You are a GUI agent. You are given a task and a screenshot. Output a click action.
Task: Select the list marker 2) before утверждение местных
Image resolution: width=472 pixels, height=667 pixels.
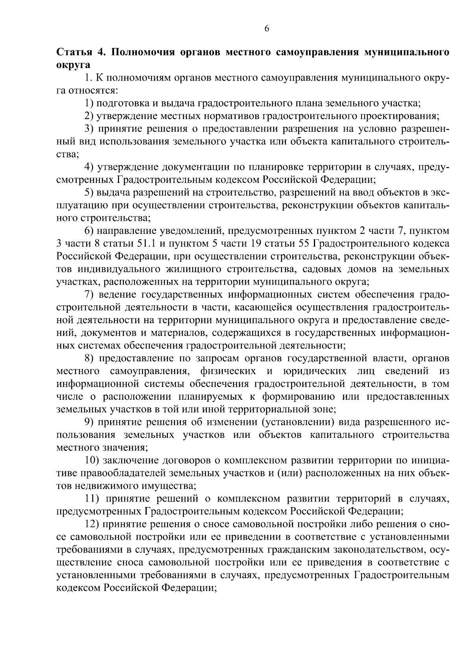[89, 116]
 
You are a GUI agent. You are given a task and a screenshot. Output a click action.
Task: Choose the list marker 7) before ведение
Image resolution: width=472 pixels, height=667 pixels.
[89, 294]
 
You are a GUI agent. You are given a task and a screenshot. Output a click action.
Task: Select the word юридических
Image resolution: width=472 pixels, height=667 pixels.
[315, 371]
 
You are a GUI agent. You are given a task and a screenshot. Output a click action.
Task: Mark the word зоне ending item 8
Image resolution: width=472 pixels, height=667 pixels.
[323, 409]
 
